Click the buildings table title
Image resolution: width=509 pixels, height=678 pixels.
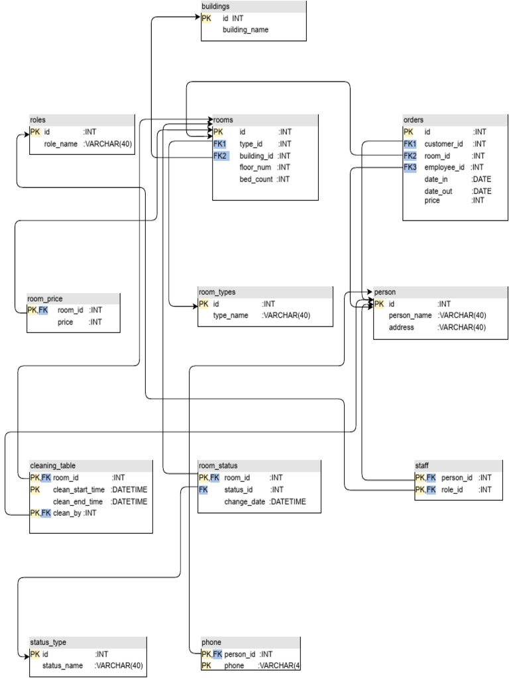tap(215, 6)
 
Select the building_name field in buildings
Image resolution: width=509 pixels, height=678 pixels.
tap(245, 30)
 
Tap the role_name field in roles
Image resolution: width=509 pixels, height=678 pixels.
tap(61, 144)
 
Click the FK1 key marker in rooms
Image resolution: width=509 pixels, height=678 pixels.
tap(220, 144)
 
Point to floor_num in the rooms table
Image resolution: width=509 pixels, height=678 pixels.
tap(256, 168)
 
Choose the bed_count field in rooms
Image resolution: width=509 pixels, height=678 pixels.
tap(256, 179)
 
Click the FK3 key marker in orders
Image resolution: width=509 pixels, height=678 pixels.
tap(410, 168)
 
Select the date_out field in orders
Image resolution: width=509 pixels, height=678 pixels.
tap(438, 191)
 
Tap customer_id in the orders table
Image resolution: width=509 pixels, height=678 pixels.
tap(443, 144)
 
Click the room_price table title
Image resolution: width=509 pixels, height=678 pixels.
tap(45, 299)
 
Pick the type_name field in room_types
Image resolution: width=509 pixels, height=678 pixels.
tap(231, 316)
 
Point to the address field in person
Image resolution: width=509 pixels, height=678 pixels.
tap(402, 327)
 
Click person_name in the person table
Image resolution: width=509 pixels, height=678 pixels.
tap(410, 315)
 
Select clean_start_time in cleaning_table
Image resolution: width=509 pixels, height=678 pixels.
tap(79, 489)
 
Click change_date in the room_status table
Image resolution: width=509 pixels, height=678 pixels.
tap(245, 502)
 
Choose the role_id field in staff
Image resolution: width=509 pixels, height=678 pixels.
tap(453, 489)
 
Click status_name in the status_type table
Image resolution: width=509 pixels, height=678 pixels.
tap(63, 665)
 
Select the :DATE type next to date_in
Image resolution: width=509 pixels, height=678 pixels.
tap(481, 179)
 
